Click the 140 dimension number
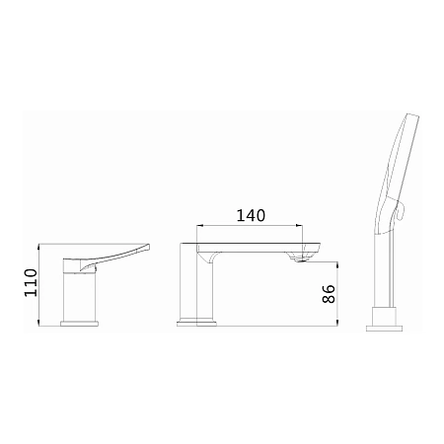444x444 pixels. coord(251,215)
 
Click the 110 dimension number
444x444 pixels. coord(31,282)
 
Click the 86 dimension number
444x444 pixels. coord(329,294)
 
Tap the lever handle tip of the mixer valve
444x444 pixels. coord(148,247)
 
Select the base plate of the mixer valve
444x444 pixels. coord(80,324)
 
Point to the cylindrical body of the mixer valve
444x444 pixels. coord(80,296)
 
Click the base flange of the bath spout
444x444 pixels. coord(196,323)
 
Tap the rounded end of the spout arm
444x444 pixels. coord(317,249)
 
